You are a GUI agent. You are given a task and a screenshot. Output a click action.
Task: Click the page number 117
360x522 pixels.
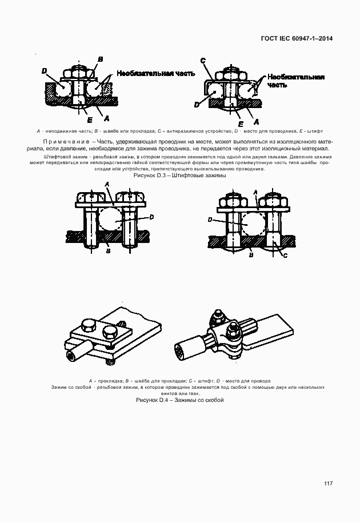pyautogui.click(x=328, y=484)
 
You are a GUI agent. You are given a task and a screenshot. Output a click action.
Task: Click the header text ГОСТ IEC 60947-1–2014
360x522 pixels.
pyautogui.click(x=297, y=39)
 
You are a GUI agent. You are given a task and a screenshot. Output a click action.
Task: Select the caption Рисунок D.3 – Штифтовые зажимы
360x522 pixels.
pyautogui.click(x=179, y=176)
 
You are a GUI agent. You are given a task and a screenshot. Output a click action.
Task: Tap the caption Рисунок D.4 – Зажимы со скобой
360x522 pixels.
pyautogui.click(x=179, y=400)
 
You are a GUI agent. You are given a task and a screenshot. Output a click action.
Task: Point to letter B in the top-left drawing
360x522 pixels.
pyautogui.click(x=100, y=59)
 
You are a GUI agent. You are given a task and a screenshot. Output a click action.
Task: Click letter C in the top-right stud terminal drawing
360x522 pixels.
pyautogui.click(x=203, y=61)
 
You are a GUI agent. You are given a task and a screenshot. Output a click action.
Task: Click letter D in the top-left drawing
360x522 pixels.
pyautogui.click(x=44, y=71)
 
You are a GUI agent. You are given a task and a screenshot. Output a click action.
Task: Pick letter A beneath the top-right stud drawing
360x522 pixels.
pyautogui.click(x=256, y=122)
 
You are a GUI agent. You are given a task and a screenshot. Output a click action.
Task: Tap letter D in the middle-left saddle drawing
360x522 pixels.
pyautogui.click(x=151, y=217)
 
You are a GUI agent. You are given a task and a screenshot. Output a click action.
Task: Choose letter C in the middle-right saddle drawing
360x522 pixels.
pyautogui.click(x=285, y=256)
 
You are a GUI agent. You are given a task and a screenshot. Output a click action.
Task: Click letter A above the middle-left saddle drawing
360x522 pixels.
pyautogui.click(x=106, y=183)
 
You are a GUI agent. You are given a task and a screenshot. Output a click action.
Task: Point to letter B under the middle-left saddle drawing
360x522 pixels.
pyautogui.click(x=107, y=250)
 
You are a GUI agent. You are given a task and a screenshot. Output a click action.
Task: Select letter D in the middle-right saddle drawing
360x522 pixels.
pyautogui.click(x=210, y=219)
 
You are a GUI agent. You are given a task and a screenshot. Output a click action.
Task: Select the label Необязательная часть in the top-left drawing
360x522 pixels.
pyautogui.click(x=156, y=73)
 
